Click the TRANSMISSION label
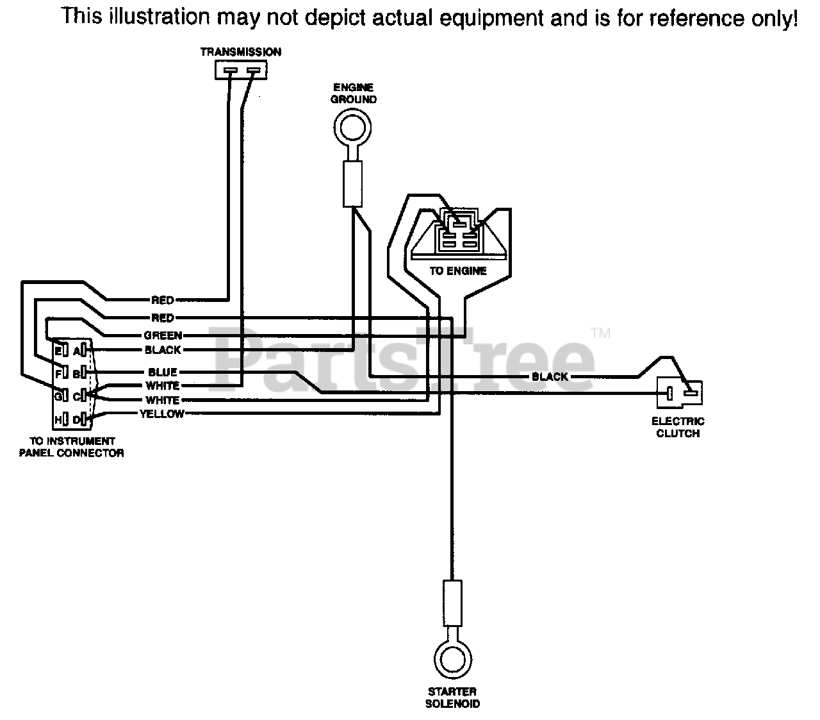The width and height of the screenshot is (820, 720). (240, 52)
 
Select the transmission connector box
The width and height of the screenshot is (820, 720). (240, 70)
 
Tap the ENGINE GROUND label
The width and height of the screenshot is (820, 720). (354, 93)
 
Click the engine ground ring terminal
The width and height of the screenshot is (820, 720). (352, 128)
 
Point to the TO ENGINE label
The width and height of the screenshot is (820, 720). (458, 271)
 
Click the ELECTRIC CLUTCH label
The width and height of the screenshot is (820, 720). (678, 427)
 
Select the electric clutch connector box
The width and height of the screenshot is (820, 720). (679, 393)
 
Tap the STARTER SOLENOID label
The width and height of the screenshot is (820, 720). (452, 698)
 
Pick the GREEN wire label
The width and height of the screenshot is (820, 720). (163, 335)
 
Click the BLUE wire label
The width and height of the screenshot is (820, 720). (162, 372)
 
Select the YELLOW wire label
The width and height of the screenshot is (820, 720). (162, 414)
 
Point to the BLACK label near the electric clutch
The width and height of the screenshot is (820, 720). (550, 376)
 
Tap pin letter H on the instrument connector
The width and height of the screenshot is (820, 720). (58, 420)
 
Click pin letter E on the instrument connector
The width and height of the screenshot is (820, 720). (58, 351)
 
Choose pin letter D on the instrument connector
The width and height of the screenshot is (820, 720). (76, 420)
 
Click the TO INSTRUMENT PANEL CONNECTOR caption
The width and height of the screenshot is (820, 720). (71, 447)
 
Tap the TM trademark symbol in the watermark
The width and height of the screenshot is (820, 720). (601, 333)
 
